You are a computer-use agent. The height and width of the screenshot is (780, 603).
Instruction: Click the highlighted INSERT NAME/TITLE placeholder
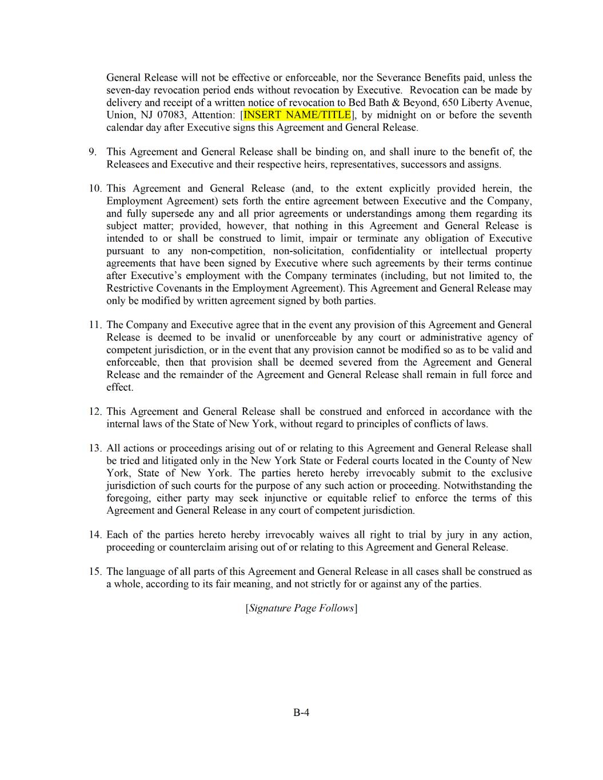click(x=297, y=115)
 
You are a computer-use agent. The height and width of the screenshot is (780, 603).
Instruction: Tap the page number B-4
click(x=301, y=713)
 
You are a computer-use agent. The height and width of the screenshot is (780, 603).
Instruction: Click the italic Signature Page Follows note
click(x=301, y=608)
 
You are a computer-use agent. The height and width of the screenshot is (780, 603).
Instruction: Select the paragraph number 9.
click(x=93, y=152)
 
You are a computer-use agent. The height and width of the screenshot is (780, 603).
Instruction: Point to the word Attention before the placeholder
click(x=213, y=115)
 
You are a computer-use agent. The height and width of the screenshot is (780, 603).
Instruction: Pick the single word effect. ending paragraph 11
click(x=119, y=387)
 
